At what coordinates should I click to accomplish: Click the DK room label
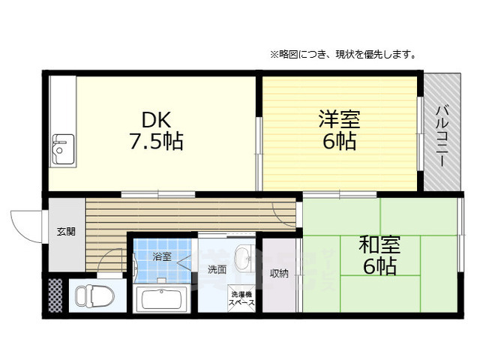157,119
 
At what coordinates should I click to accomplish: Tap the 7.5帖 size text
157,141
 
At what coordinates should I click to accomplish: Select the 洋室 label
339,119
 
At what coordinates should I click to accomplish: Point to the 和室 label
379,244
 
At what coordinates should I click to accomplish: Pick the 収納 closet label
279,273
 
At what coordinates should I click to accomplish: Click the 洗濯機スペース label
242,298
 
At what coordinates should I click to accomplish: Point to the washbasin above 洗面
244,259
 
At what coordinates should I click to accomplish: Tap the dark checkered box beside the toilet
55,295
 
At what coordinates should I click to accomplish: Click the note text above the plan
343,55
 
